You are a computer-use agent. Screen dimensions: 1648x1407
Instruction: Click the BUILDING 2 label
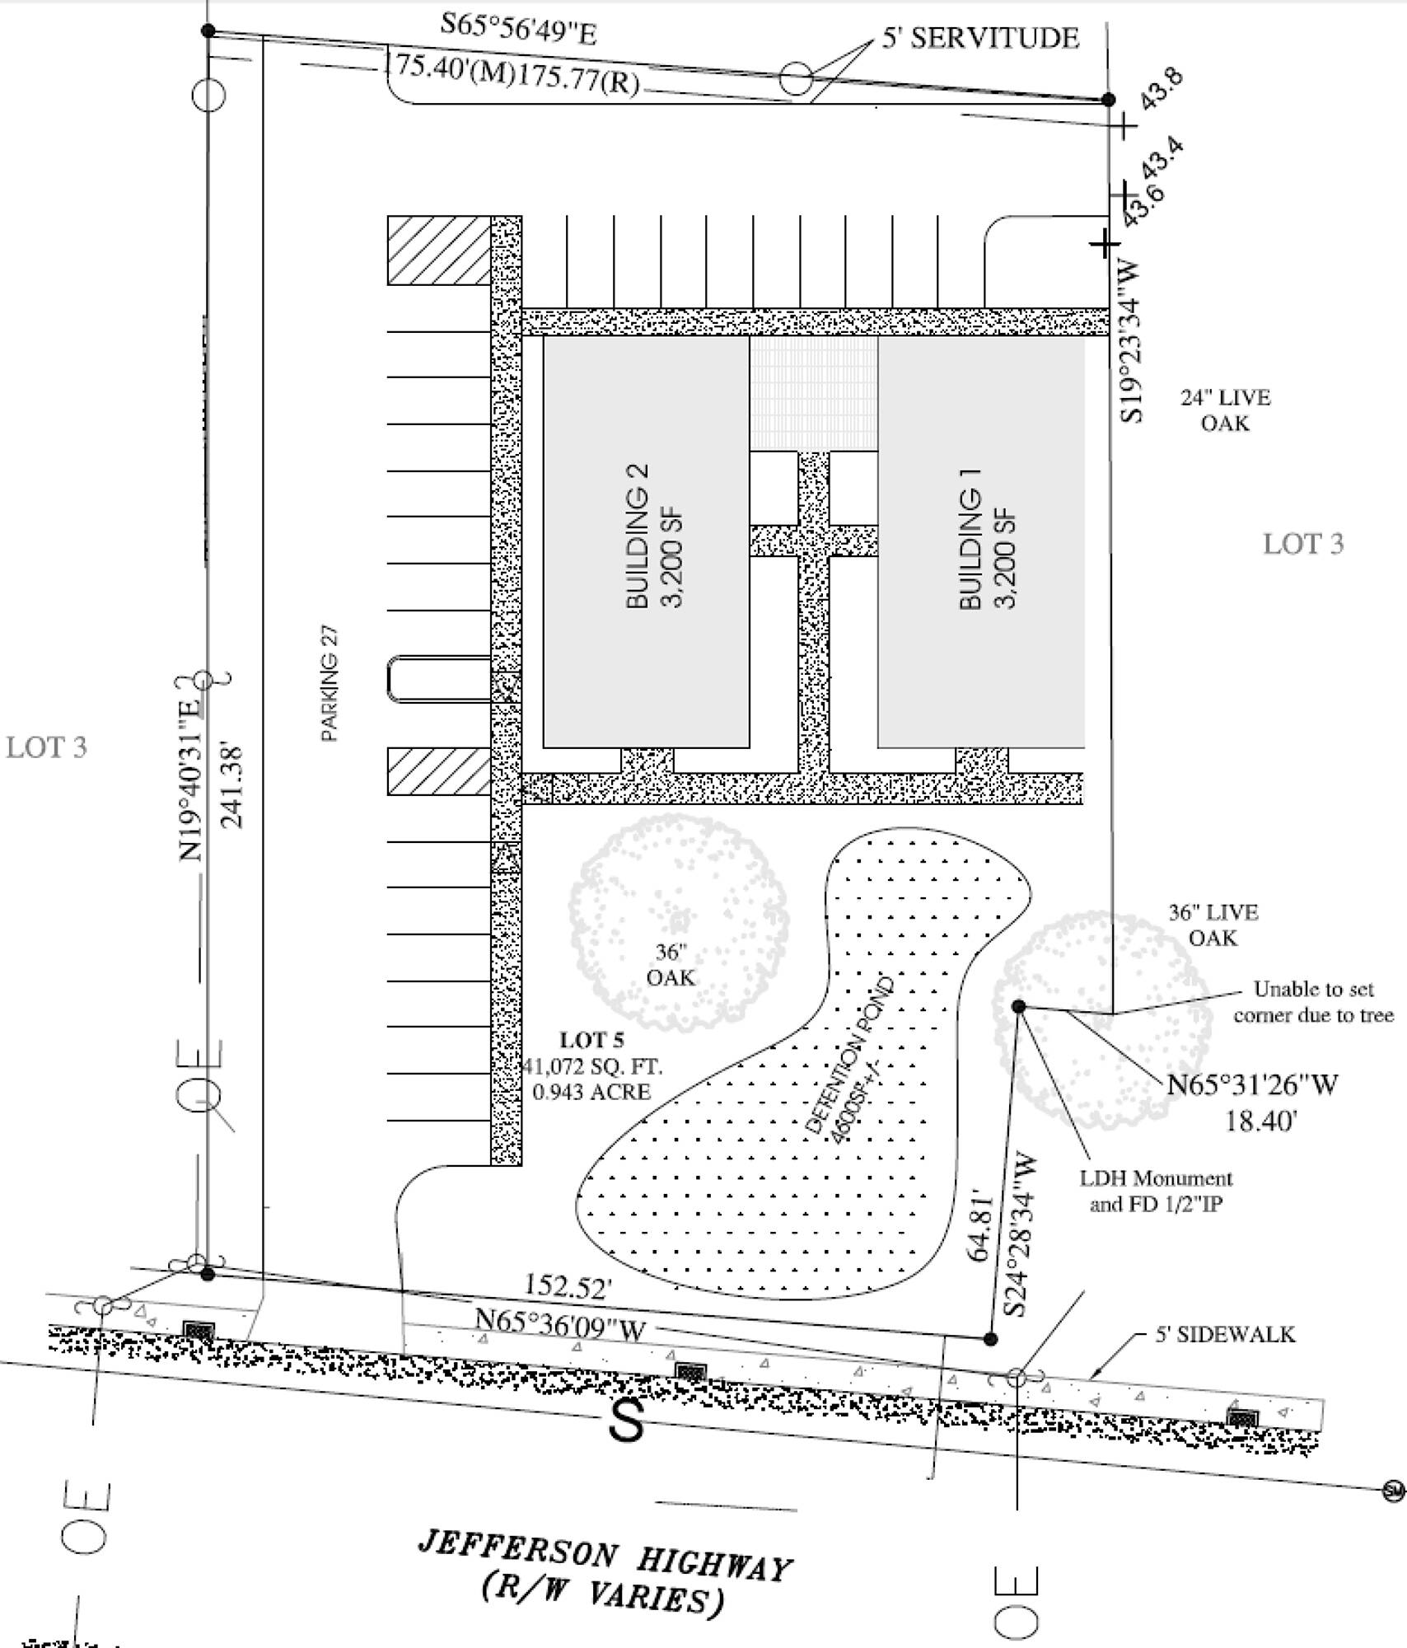tap(638, 536)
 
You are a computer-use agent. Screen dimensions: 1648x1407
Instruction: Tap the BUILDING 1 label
tap(970, 550)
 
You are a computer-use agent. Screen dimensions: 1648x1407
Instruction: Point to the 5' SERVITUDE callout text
tap(979, 38)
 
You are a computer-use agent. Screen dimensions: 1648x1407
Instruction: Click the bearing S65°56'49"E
tap(518, 30)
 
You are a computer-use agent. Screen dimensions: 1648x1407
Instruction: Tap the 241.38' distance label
tap(233, 786)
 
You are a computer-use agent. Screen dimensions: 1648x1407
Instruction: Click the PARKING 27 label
tap(330, 684)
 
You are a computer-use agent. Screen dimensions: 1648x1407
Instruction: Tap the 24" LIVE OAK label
tap(1225, 410)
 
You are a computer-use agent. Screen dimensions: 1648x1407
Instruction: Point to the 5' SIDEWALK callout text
tap(1224, 1334)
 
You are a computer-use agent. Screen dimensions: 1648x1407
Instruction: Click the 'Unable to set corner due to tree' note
tap(1312, 1002)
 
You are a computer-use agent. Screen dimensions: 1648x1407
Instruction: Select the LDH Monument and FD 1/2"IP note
tap(1156, 1192)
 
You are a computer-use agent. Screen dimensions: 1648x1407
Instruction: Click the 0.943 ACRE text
tap(591, 1092)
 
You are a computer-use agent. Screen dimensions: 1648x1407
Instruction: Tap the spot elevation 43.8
tap(1162, 89)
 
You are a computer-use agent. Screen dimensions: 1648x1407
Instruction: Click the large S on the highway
tap(628, 1419)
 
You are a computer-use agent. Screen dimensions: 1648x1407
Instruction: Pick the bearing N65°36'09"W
tap(560, 1324)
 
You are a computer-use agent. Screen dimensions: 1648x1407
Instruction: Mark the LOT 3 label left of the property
tap(46, 747)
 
